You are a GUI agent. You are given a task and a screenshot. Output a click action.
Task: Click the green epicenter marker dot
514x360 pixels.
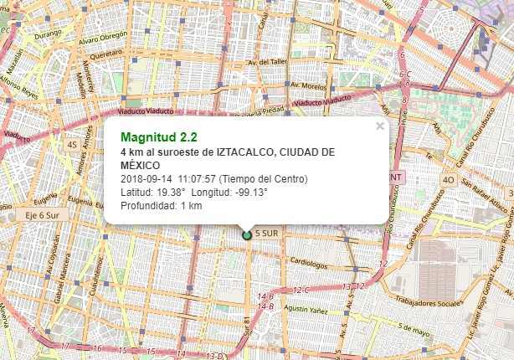click(x=247, y=235)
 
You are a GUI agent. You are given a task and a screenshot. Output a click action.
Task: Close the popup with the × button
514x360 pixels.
click(x=380, y=126)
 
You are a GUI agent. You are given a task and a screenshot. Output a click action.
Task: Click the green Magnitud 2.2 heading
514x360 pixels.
click(x=152, y=136)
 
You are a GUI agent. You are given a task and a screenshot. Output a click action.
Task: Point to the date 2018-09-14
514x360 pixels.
click(x=146, y=179)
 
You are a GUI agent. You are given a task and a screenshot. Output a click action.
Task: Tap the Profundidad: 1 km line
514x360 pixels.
click(x=162, y=206)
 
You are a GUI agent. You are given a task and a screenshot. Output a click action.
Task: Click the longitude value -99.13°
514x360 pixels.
click(x=250, y=193)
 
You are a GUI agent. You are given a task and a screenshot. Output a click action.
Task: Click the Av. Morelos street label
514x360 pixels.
click(x=308, y=85)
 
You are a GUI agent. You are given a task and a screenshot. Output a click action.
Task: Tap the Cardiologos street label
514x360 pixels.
click(x=307, y=260)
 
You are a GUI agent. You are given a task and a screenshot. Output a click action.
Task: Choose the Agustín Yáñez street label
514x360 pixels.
click(x=303, y=309)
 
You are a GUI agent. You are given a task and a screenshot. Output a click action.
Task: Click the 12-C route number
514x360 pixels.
click(x=301, y=290)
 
